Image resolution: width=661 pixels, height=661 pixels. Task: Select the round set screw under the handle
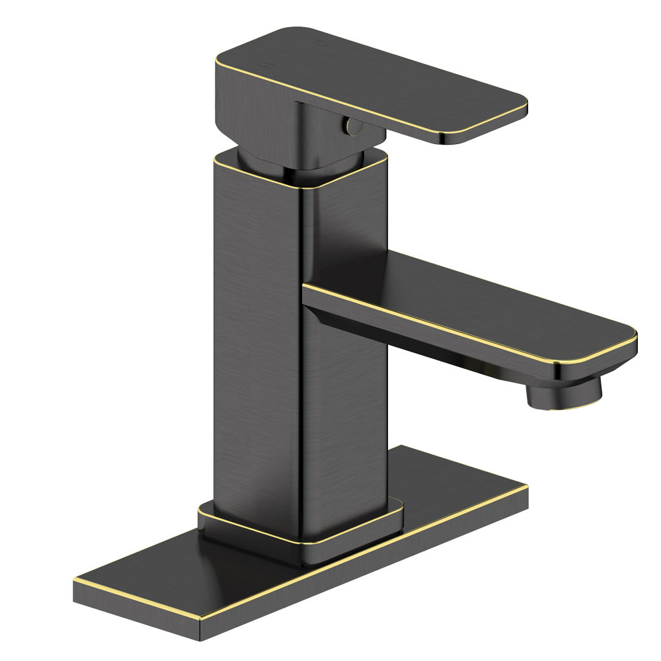pos(350,125)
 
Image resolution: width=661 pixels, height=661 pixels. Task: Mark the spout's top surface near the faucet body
pos(370,278)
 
